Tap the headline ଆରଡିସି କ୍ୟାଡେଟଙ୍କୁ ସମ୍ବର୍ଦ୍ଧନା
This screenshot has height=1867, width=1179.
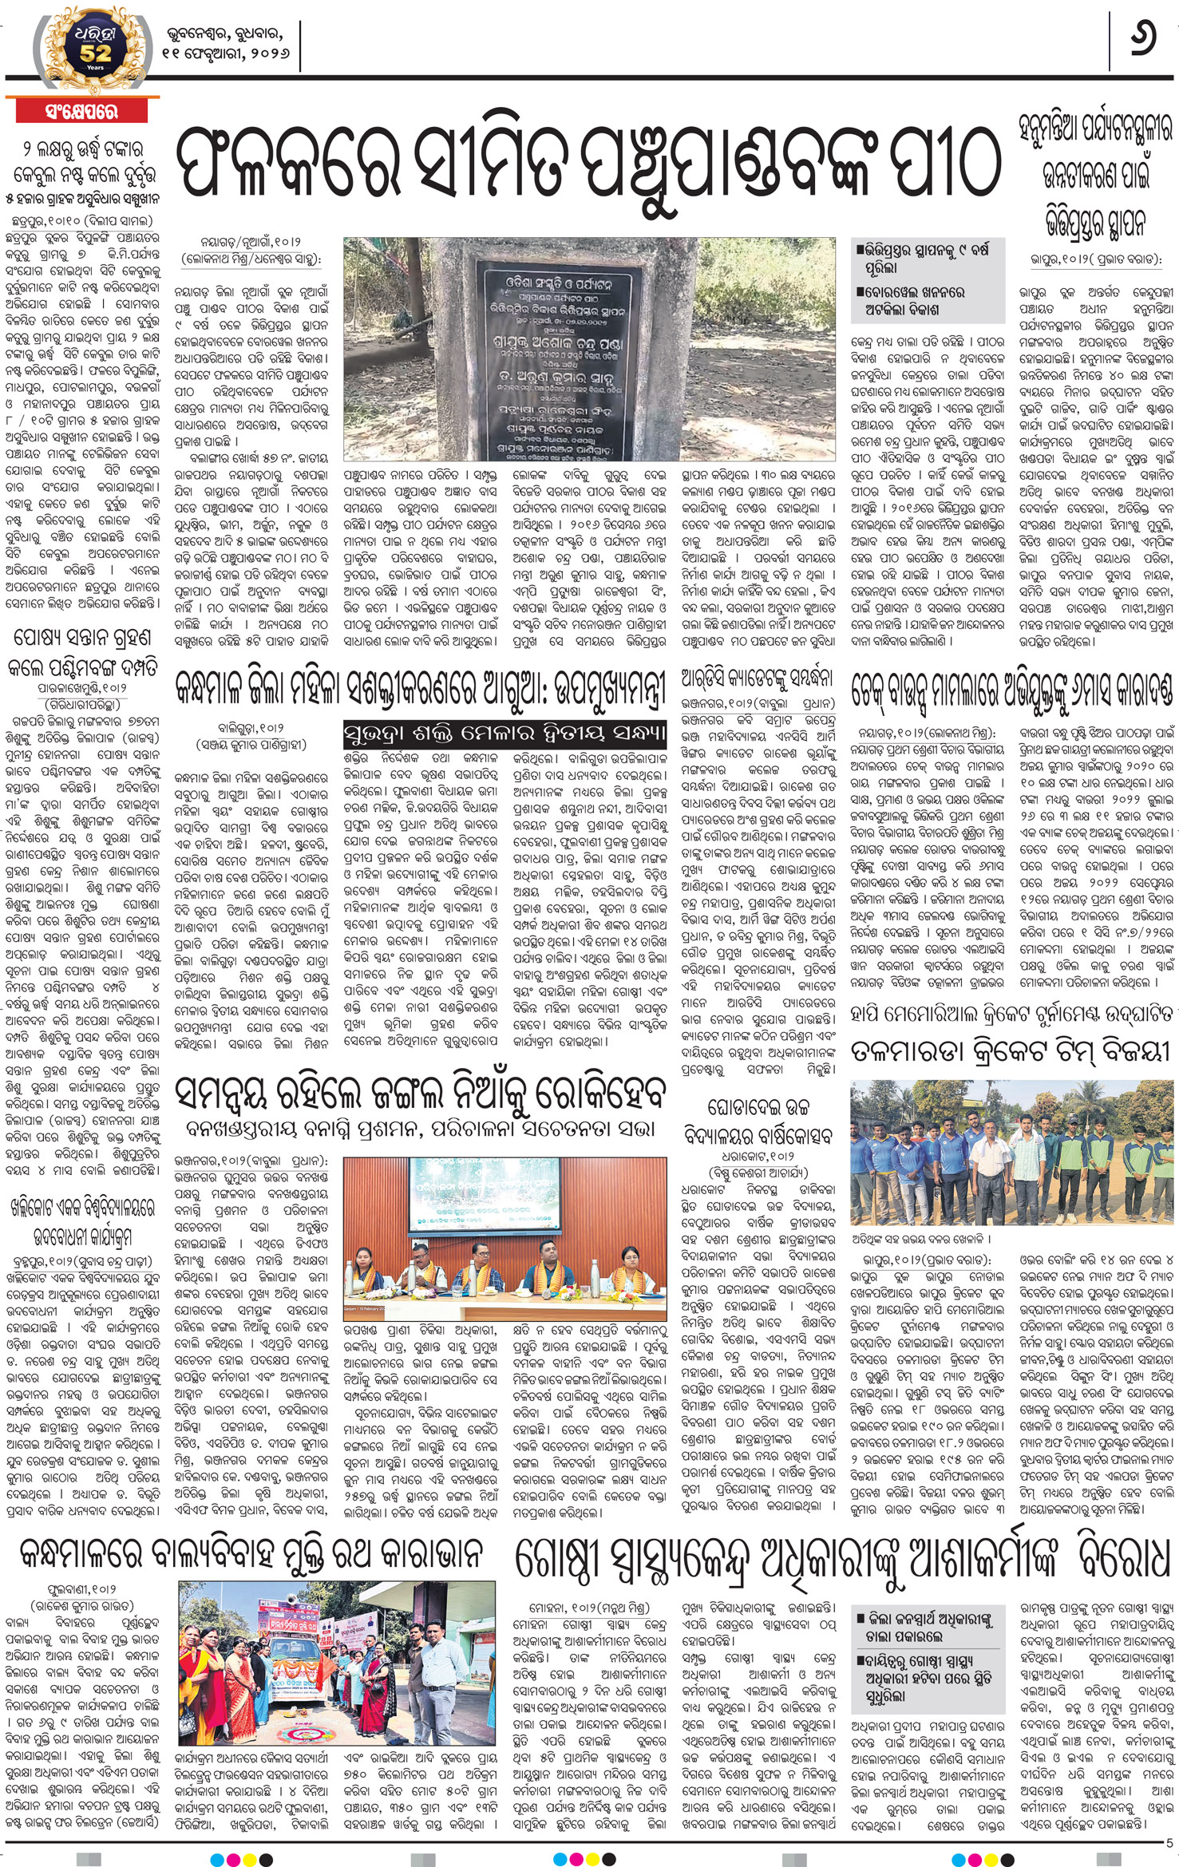coord(757,678)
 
